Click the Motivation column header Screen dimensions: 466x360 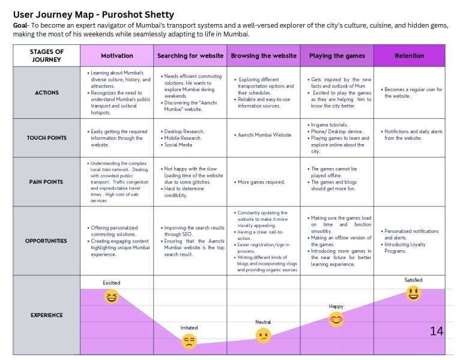coord(116,56)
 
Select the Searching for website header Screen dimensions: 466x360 coord(190,56)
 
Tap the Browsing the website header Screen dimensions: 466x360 coord(264,56)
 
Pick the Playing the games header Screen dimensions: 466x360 coord(337,56)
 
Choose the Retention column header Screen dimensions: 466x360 coord(410,56)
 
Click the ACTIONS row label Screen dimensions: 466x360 coord(47,92)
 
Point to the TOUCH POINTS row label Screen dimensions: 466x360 coord(47,138)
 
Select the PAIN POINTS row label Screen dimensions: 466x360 coord(46,182)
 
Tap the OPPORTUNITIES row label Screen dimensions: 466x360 coord(46,241)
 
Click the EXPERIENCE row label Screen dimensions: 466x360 coord(47,315)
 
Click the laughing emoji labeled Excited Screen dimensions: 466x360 coord(112,296)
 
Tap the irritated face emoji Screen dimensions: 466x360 coord(189,341)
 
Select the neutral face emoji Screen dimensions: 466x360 coord(263,335)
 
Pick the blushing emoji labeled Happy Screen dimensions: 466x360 coord(336,319)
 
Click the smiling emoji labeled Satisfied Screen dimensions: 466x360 coord(413,293)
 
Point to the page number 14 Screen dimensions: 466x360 coord(437,331)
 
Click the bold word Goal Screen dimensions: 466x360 coord(20,26)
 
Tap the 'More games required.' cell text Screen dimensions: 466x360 coord(261,182)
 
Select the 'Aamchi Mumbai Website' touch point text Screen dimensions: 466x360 coord(264,135)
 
